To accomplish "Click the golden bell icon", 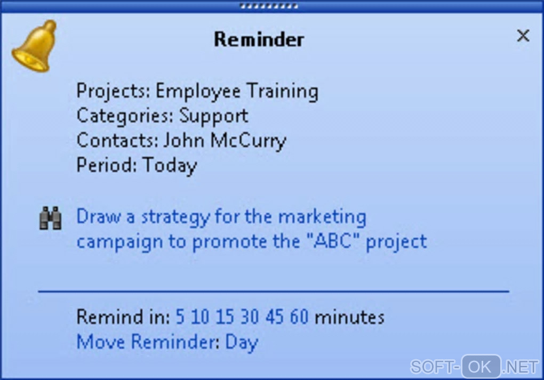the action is coord(34,46).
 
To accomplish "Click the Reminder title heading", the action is coord(259,39).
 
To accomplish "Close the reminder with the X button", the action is coord(523,35).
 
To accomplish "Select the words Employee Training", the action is coord(237,91).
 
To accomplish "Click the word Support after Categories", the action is coord(214,116).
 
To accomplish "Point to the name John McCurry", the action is coord(225,141).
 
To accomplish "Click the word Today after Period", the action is coord(170,165).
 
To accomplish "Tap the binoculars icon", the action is coord(51,218).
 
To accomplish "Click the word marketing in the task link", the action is coord(322,217).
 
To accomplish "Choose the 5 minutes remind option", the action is coord(180,317).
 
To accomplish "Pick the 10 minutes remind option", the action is coord(200,317).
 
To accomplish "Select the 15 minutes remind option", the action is coord(225,317).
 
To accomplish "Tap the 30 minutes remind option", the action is coord(250,317).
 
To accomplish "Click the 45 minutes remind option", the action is coord(275,317).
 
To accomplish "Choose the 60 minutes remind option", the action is coord(299,317).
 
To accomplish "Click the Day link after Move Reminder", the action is coord(242,343).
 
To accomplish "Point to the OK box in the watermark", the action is coord(481,366).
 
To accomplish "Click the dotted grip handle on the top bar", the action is coord(269,6).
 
